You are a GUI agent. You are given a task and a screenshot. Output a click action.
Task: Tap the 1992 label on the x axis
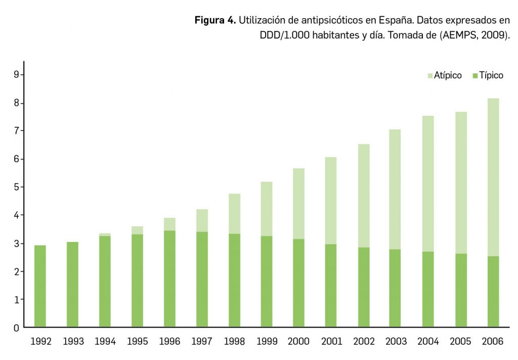click(x=40, y=342)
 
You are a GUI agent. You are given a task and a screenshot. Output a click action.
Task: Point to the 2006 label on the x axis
click(x=493, y=342)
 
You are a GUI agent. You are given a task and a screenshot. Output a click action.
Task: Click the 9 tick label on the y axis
click(x=16, y=75)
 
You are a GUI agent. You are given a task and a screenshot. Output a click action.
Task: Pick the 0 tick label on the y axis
click(x=16, y=328)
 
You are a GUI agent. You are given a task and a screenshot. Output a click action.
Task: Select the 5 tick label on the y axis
click(x=16, y=187)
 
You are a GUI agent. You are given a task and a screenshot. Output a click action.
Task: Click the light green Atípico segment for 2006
click(x=493, y=177)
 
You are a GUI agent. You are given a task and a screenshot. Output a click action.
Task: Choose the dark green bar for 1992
click(x=40, y=286)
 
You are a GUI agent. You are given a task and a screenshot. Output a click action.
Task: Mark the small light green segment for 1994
click(x=105, y=234)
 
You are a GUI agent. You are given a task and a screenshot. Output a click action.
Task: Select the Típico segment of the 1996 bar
click(x=169, y=278)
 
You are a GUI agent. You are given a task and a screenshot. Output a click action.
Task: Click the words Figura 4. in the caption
click(x=215, y=21)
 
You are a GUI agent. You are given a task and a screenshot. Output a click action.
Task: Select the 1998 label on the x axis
click(x=234, y=342)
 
